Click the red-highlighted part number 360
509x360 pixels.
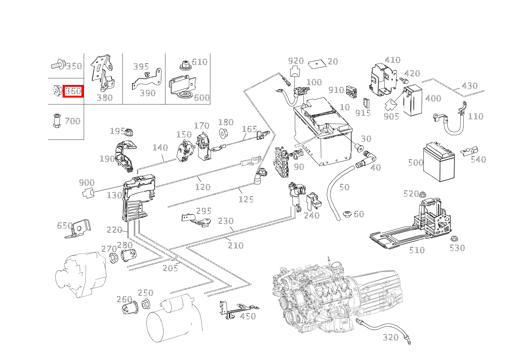coord(73,91)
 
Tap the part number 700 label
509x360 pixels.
coord(73,121)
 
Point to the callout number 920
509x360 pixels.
coord(296,61)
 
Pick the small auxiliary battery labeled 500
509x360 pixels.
coord(438,162)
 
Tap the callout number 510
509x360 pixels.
coord(416,250)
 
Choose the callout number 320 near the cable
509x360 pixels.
coord(391,337)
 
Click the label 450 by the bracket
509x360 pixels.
coord(248,316)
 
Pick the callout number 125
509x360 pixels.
coord(246,199)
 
